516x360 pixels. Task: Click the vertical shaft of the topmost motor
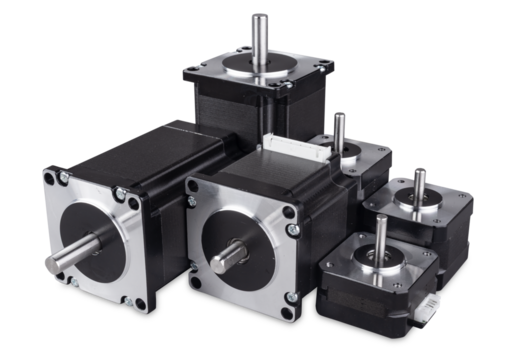(x=259, y=35)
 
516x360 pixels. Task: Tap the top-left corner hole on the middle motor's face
(x=195, y=186)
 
